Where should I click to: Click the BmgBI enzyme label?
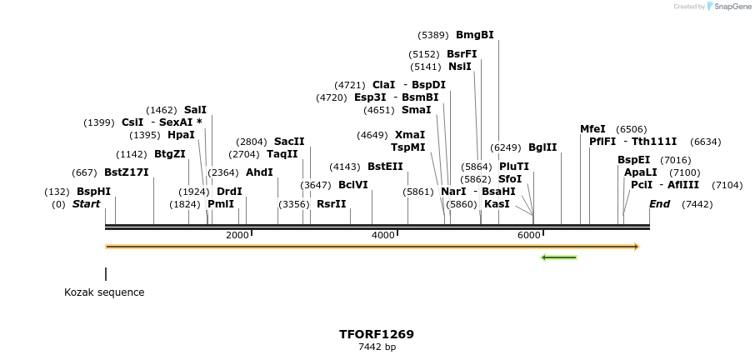pos(474,35)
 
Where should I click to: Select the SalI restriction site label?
pos(195,109)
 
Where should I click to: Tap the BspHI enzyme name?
pos(93,191)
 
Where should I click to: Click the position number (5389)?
pos(433,35)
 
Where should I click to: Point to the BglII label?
pos(542,147)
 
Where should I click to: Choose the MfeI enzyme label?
pos(592,129)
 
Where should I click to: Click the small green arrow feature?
pos(558,257)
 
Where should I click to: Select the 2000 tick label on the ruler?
pos(237,236)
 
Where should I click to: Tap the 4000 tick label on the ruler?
pos(383,236)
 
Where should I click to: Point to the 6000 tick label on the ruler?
pos(529,236)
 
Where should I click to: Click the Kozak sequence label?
pos(104,292)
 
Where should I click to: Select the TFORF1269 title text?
pos(377,334)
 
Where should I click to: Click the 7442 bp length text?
pos(377,347)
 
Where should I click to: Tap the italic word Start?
pos(86,204)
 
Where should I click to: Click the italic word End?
pos(659,204)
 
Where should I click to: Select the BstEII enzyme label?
pos(385,167)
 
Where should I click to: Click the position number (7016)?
pos(675,160)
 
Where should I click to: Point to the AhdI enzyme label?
pos(259,172)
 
